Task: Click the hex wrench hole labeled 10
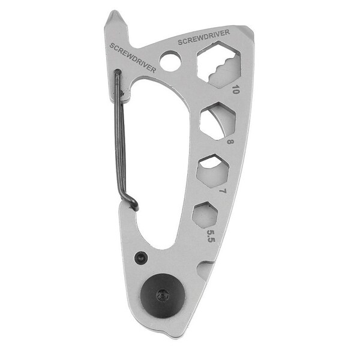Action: [x=219, y=65]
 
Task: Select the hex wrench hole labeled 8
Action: [x=218, y=121]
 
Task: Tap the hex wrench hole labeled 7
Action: [x=212, y=171]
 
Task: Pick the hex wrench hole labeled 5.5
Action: [x=205, y=215]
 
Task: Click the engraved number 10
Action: [x=236, y=89]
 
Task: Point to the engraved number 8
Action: [x=230, y=142]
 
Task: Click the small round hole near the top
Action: [x=170, y=61]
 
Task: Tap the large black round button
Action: [x=163, y=295]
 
